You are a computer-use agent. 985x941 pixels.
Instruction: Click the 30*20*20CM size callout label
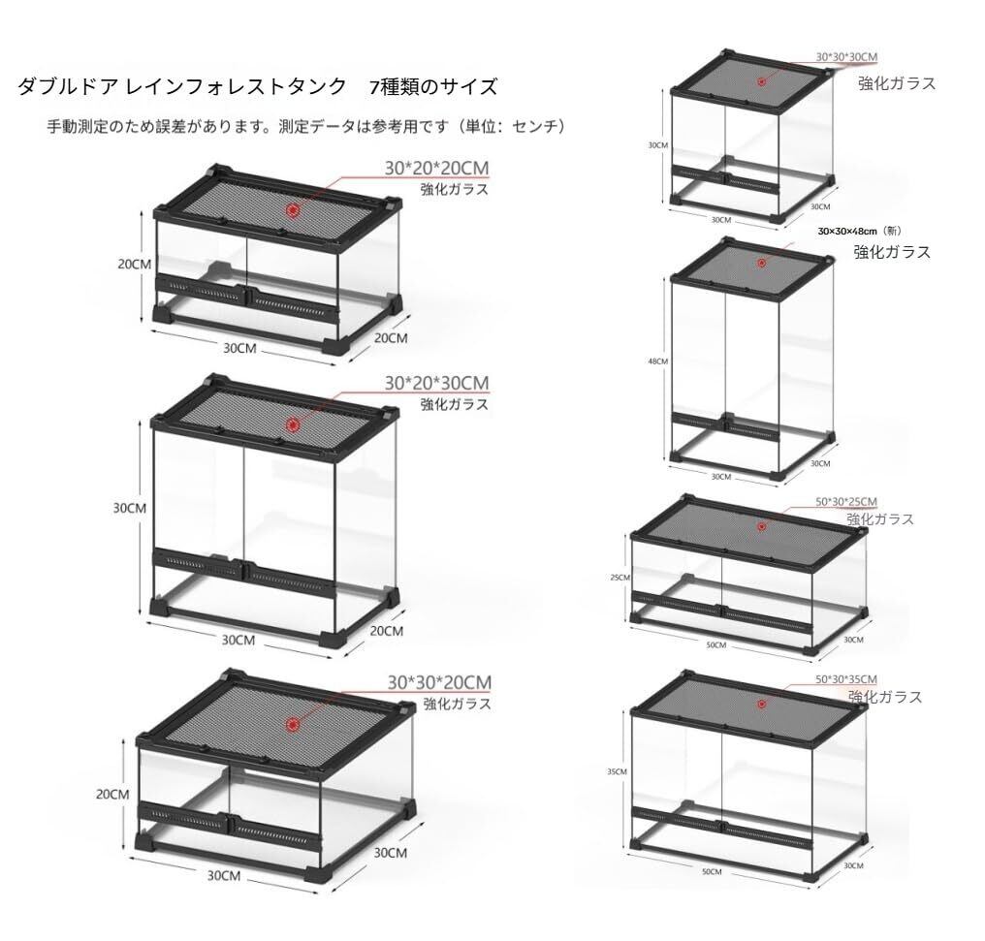pyautogui.click(x=437, y=169)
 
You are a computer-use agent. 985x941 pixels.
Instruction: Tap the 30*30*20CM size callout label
pyautogui.click(x=439, y=681)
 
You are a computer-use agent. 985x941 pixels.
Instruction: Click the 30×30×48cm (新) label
pyautogui.click(x=860, y=231)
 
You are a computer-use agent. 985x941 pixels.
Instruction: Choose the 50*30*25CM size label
pyautogui.click(x=846, y=501)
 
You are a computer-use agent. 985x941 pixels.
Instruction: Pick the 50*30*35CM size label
pyautogui.click(x=846, y=678)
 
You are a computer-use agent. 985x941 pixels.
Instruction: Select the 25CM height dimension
pyautogui.click(x=620, y=578)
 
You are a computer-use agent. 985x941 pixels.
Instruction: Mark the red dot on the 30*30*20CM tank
pyautogui.click(x=293, y=724)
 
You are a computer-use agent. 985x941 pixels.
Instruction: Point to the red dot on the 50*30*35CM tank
pyautogui.click(x=762, y=704)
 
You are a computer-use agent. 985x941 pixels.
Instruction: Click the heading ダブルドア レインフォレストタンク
pyautogui.click(x=182, y=87)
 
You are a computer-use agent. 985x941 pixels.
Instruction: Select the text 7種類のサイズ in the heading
pyautogui.click(x=433, y=87)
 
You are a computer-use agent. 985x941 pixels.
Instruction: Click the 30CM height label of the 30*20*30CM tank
pyautogui.click(x=129, y=508)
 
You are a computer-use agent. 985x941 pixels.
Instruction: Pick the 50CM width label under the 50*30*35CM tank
pyautogui.click(x=712, y=872)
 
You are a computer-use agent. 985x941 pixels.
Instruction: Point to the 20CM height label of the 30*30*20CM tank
pyautogui.click(x=112, y=794)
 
